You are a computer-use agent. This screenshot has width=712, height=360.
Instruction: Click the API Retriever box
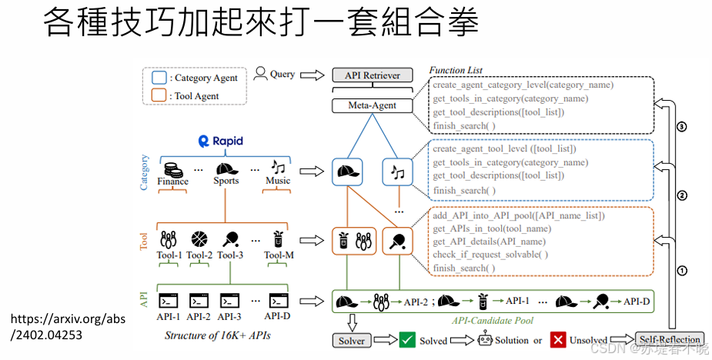372,75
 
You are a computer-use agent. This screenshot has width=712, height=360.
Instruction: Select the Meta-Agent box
372,105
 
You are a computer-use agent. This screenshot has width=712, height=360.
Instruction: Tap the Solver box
352,340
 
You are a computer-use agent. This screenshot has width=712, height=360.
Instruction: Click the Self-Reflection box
669,339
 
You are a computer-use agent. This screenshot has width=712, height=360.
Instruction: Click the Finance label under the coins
172,182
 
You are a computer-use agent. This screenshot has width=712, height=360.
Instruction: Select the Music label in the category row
278,182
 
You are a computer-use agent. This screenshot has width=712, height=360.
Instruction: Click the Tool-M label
278,255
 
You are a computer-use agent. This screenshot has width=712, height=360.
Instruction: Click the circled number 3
680,127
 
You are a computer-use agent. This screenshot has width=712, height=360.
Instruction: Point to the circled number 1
680,270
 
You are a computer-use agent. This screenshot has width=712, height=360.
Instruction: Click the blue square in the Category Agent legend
159,78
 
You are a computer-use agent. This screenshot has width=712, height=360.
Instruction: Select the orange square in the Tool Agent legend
159,95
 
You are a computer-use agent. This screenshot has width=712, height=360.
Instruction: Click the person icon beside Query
260,75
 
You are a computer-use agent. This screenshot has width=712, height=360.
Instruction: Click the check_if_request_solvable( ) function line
490,255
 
